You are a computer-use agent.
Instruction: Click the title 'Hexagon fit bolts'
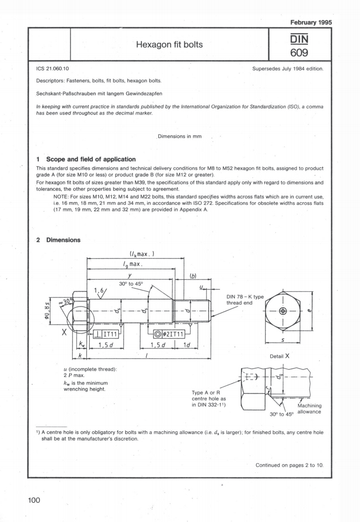click(x=170, y=45)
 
